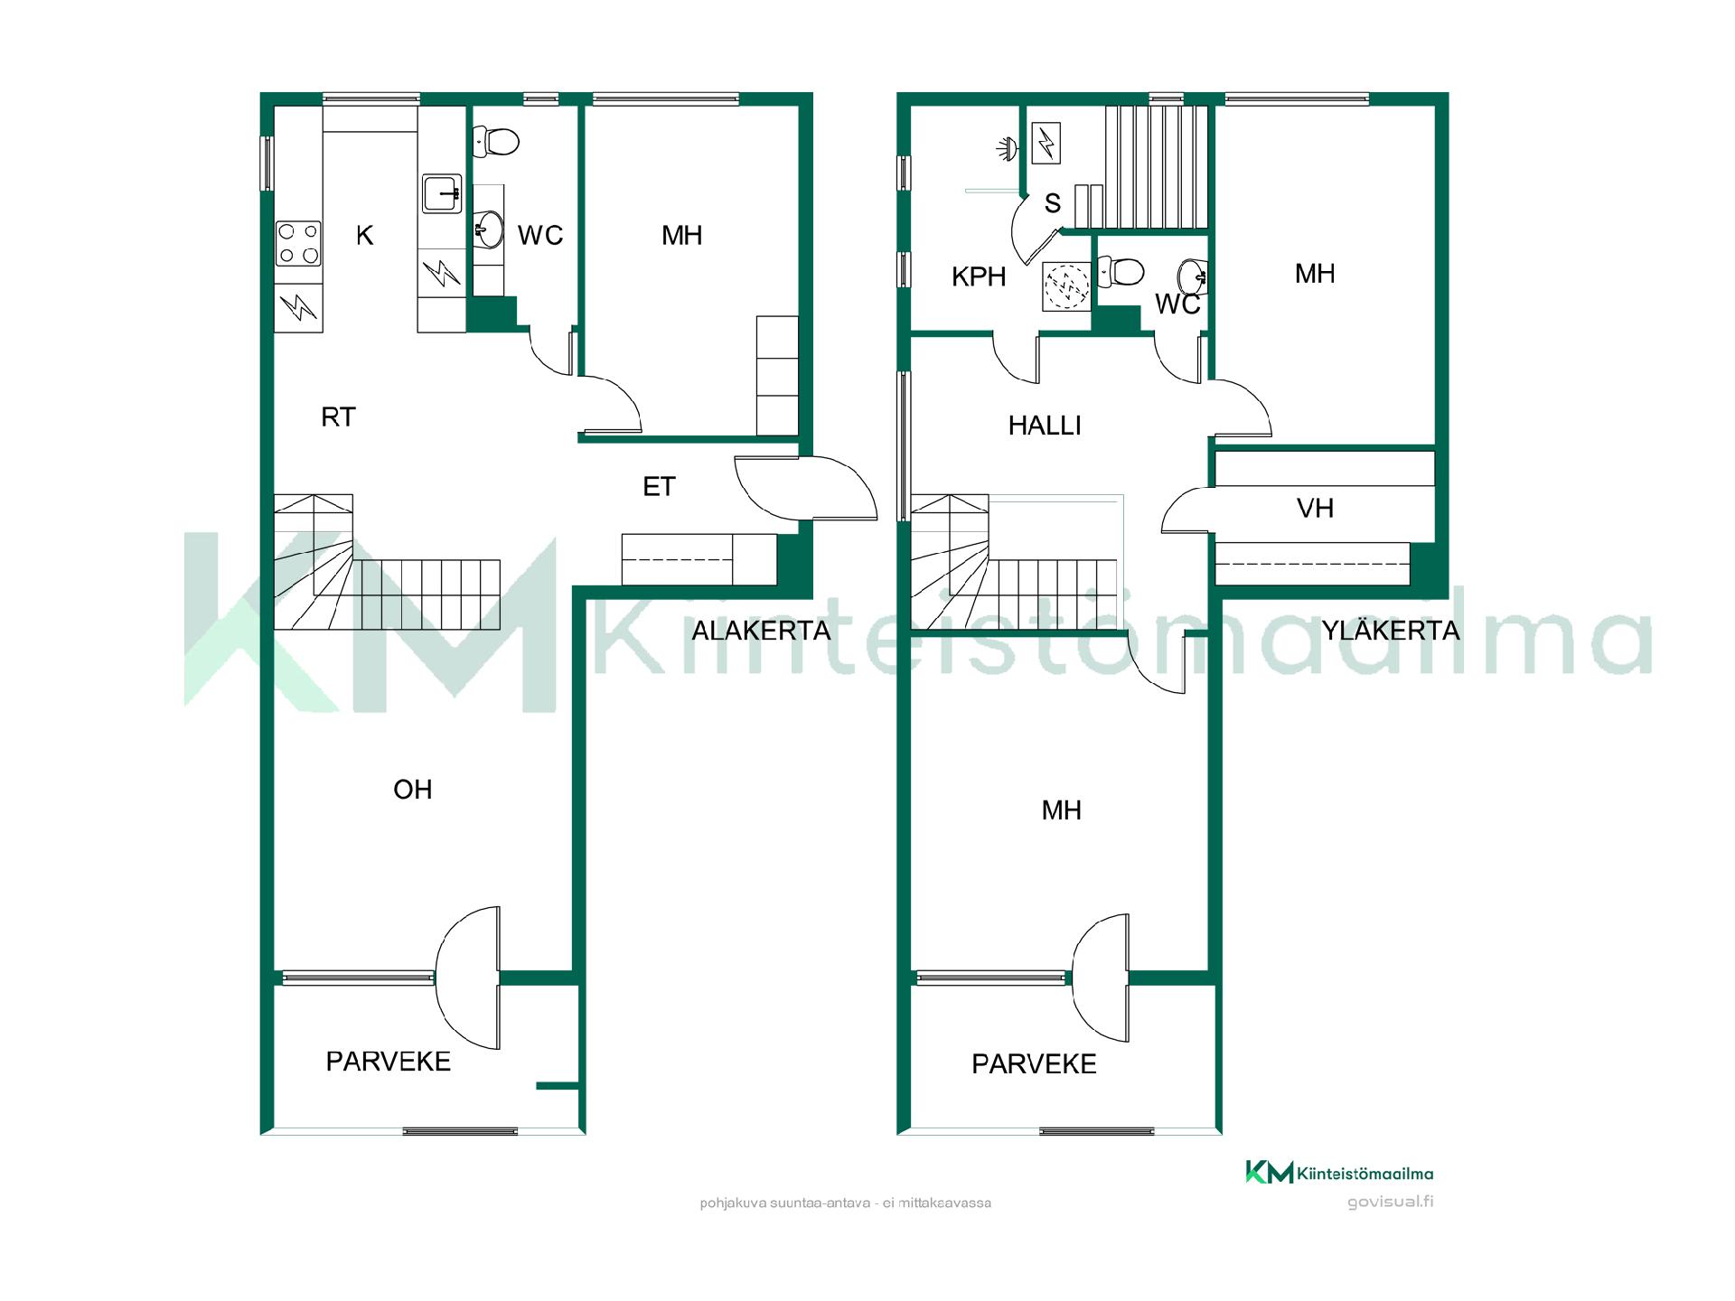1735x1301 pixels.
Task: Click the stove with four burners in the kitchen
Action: [298, 244]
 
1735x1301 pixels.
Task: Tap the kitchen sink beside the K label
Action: [442, 193]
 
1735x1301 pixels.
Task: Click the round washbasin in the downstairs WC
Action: [488, 229]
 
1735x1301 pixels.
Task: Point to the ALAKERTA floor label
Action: [761, 631]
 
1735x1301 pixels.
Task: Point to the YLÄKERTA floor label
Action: [1391, 630]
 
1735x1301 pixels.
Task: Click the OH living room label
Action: [413, 790]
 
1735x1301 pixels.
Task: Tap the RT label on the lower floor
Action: [339, 417]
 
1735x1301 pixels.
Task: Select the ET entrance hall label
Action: [659, 487]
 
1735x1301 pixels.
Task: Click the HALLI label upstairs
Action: [1045, 426]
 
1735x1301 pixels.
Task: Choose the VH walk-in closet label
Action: [1315, 509]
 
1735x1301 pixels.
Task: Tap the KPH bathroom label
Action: [979, 276]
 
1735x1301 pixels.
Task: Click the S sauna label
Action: [1053, 203]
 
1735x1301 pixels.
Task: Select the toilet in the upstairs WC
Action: [1121, 271]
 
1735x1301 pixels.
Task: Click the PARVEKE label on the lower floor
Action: [389, 1062]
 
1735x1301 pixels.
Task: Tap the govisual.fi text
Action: [1390, 1202]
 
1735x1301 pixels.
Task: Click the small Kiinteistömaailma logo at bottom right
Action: [1339, 1173]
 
